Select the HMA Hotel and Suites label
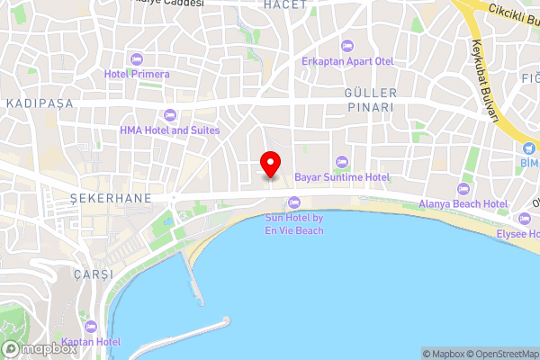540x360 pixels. tap(170, 130)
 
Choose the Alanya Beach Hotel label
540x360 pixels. tap(463, 204)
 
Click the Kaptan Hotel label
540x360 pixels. tap(92, 342)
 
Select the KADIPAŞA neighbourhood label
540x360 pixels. tap(39, 104)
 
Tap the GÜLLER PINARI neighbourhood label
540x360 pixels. tap(369, 100)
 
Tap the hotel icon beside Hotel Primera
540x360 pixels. tap(136, 59)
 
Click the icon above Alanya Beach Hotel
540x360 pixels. tap(463, 190)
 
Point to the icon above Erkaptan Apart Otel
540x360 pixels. tap(346, 46)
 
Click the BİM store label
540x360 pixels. tap(528, 162)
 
